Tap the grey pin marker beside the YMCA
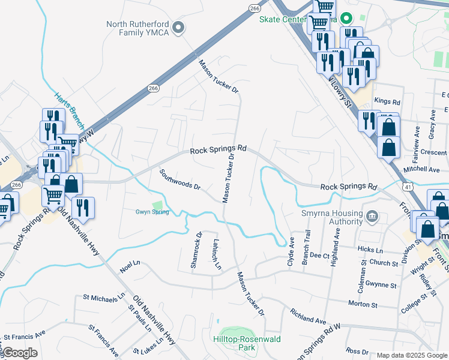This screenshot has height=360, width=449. [x=178, y=28]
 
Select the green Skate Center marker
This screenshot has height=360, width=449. [x=345, y=19]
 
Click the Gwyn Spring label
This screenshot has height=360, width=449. [x=152, y=212]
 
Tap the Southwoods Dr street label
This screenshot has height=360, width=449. [x=179, y=179]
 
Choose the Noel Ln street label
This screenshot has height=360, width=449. [x=130, y=266]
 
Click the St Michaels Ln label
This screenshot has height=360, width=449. [x=104, y=296]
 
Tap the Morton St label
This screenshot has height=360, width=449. [x=363, y=305]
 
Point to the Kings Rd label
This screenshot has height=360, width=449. [x=387, y=102]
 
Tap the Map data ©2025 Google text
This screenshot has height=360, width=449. [x=411, y=355]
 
